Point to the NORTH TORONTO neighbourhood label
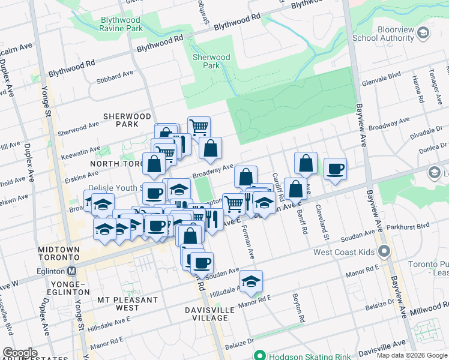115,163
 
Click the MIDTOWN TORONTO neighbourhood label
59,254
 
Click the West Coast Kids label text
343,251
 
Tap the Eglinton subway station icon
72,271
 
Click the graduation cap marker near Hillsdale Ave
252,280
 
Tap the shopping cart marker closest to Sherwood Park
199,127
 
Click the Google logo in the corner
20,353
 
